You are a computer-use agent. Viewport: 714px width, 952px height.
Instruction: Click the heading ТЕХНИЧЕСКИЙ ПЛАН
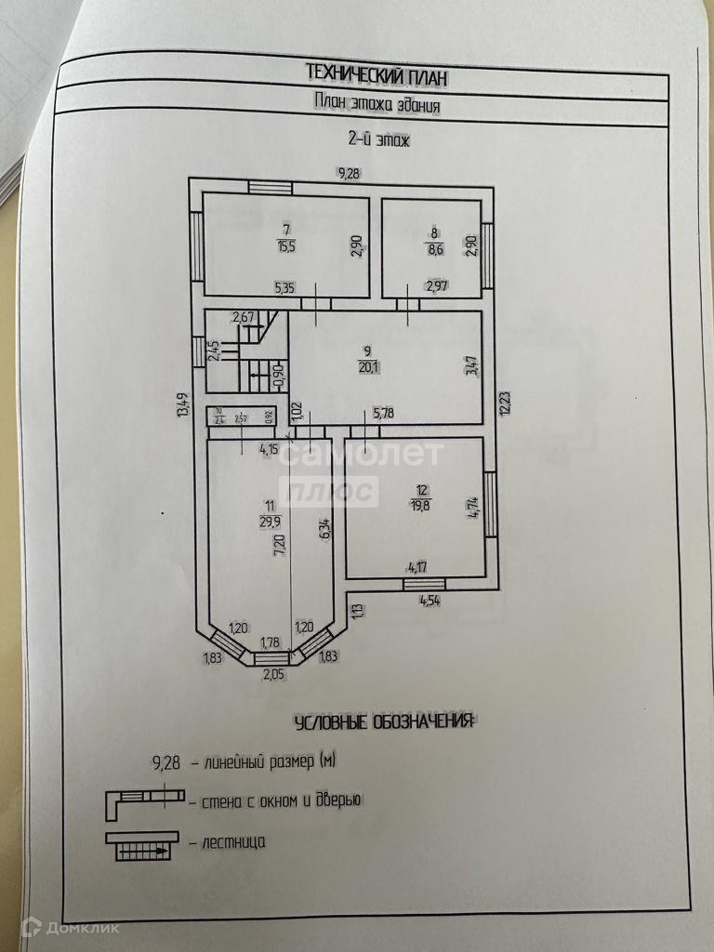[x=368, y=73]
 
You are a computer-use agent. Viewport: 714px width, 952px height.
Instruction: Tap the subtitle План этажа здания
[x=376, y=104]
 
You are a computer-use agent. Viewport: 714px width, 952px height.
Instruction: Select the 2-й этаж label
[x=379, y=140]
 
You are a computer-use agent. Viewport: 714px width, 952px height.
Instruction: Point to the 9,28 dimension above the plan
[x=349, y=172]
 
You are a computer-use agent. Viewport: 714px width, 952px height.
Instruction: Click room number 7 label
[x=285, y=229]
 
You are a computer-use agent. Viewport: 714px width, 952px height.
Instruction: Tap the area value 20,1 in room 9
[x=368, y=365]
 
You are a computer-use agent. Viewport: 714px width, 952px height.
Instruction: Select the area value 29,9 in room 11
[x=271, y=522]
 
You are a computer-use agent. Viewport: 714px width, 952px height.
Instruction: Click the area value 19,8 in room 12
[x=420, y=504]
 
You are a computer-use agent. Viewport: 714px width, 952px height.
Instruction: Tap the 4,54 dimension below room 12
[x=429, y=600]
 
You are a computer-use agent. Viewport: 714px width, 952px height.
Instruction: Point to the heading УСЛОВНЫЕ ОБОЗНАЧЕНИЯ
[x=383, y=722]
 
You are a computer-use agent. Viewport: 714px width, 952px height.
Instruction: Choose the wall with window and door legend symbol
[x=139, y=801]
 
